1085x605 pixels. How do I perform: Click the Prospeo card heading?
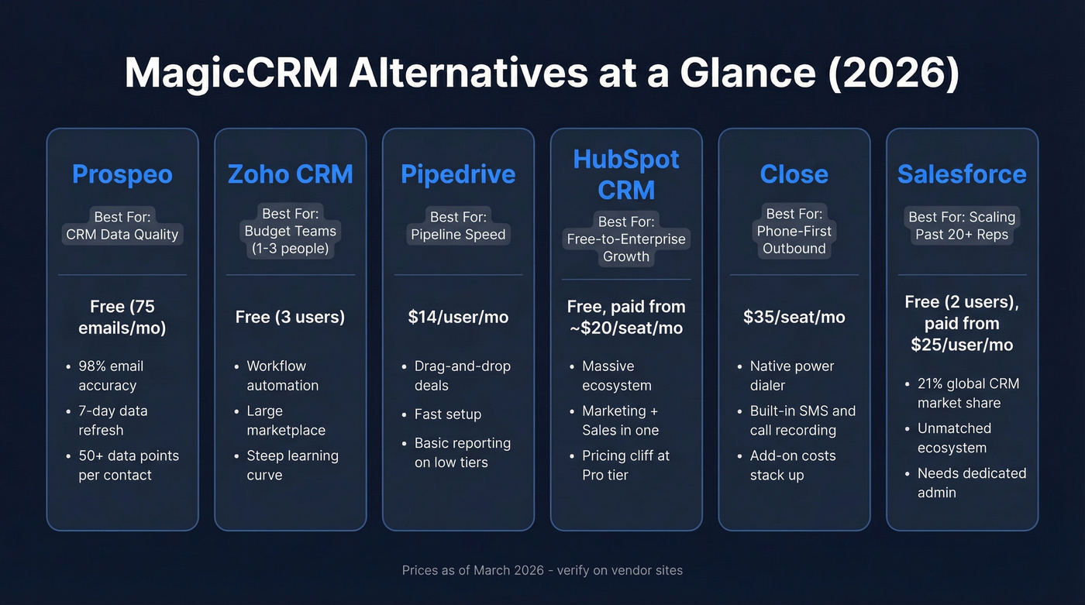[x=122, y=174]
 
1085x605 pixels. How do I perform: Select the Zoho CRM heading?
[x=290, y=174]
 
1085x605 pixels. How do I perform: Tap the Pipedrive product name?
[x=458, y=174]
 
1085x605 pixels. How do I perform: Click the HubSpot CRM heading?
[x=626, y=174]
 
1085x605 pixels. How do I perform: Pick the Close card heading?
[x=794, y=174]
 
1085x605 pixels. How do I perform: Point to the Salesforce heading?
[x=962, y=174]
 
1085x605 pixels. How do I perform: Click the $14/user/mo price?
[x=458, y=317]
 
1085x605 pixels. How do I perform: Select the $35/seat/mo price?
[x=794, y=317]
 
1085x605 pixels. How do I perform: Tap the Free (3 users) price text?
[x=290, y=317]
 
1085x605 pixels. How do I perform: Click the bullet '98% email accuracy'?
[x=111, y=376]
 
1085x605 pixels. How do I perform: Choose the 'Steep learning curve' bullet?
[x=292, y=465]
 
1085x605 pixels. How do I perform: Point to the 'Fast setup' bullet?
[x=448, y=414]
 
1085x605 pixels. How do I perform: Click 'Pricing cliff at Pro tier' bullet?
[x=625, y=465]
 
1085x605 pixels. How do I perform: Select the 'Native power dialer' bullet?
[x=791, y=376]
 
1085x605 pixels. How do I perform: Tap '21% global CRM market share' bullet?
[x=968, y=393]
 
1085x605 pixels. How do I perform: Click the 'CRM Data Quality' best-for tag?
[x=122, y=234]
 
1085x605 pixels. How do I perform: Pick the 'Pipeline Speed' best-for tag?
[x=458, y=234]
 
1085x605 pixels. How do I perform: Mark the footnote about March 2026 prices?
[x=542, y=570]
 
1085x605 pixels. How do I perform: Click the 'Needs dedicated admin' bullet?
[x=971, y=483]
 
